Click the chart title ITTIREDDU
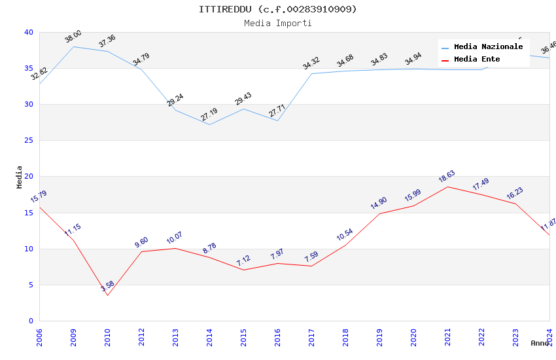[278, 9]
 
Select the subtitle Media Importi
[278, 23]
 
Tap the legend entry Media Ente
[477, 59]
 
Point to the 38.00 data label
[73, 37]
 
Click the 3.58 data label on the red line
[107, 287]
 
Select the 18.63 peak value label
[447, 176]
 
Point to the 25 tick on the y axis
[29, 140]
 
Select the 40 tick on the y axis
[29, 32]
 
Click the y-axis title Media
[19, 177]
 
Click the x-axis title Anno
[540, 343]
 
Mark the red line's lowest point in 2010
[107, 295]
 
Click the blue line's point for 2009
[73, 46]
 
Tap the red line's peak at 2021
[447, 187]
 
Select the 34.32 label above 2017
[311, 63]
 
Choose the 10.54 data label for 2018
[345, 234]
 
